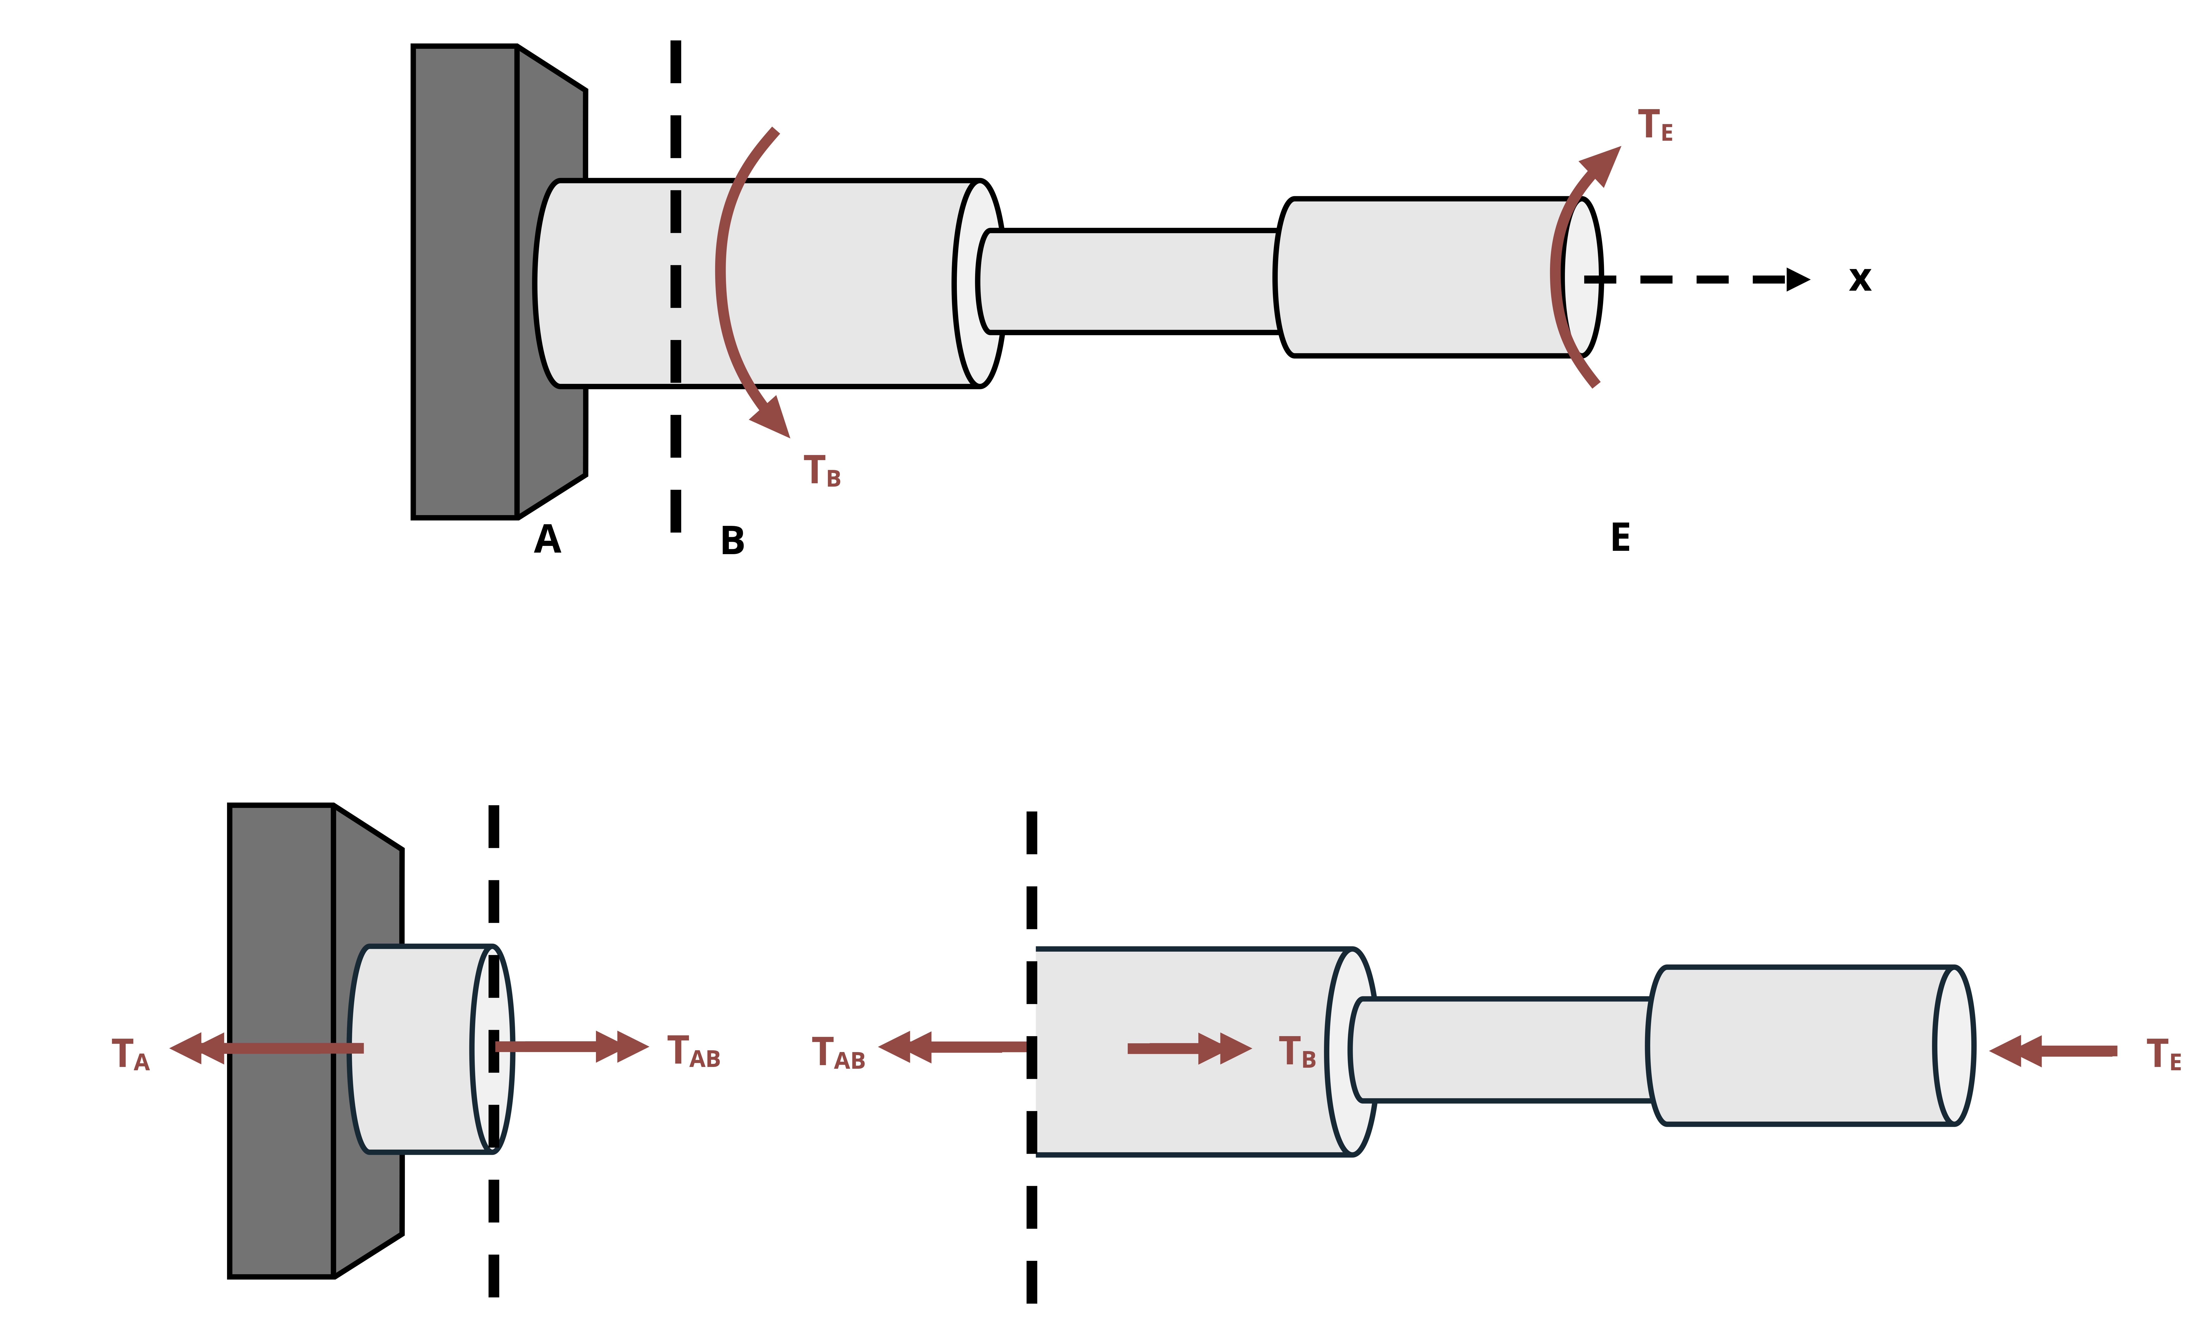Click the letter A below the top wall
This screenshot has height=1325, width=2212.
[547, 539]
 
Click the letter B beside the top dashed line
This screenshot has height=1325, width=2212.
[732, 541]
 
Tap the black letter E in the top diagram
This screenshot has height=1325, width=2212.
[1620, 537]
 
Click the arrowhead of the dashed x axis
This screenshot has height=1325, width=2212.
[1797, 279]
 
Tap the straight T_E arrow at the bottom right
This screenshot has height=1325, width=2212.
[2054, 1051]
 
